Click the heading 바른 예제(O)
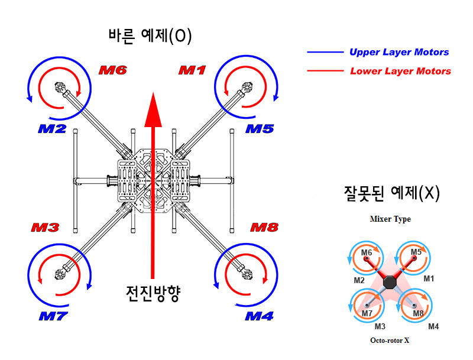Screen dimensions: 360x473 pyautogui.click(x=150, y=37)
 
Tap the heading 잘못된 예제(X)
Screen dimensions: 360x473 pyautogui.click(x=392, y=193)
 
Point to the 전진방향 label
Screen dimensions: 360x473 pyautogui.click(x=153, y=293)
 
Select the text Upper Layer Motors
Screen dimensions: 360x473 pyautogui.click(x=399, y=52)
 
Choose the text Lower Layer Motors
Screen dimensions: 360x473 pyautogui.click(x=400, y=72)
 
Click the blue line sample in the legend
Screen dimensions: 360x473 pyautogui.click(x=325, y=52)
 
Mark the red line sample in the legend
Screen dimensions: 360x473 pyautogui.click(x=325, y=72)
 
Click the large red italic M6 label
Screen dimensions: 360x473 pyautogui.click(x=112, y=70)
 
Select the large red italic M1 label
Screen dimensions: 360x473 pyautogui.click(x=192, y=70)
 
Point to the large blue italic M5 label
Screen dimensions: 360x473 pyautogui.click(x=260, y=128)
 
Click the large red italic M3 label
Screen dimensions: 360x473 pyautogui.click(x=46, y=228)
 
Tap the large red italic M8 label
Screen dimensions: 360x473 pyautogui.click(x=264, y=228)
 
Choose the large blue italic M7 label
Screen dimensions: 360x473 pyautogui.click(x=54, y=316)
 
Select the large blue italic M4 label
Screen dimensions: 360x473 pyautogui.click(x=260, y=316)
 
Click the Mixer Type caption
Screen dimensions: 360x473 pyautogui.click(x=390, y=219)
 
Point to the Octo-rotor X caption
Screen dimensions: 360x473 pyautogui.click(x=390, y=340)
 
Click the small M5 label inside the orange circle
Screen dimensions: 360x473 pyautogui.click(x=416, y=252)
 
